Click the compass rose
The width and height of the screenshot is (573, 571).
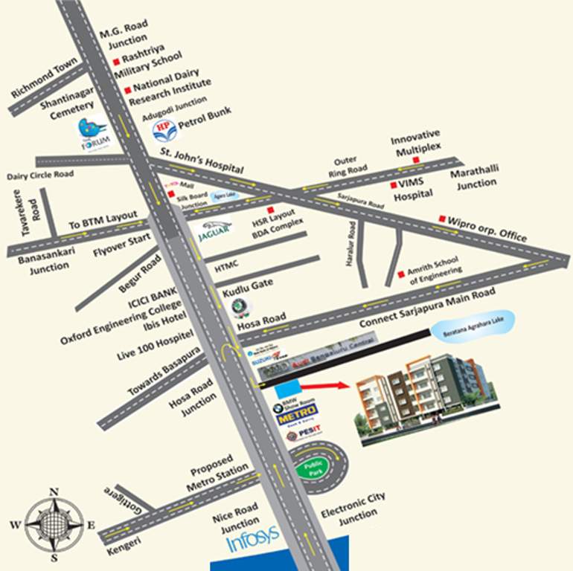54,524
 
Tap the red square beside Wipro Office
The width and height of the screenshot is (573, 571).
442,219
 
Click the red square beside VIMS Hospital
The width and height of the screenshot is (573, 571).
393,184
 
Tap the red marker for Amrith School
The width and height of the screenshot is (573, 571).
400,274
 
